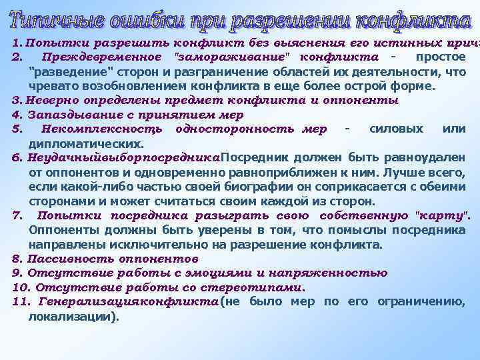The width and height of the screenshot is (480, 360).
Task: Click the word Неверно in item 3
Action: tap(53, 101)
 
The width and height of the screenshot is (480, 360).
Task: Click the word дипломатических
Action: tap(86, 143)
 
